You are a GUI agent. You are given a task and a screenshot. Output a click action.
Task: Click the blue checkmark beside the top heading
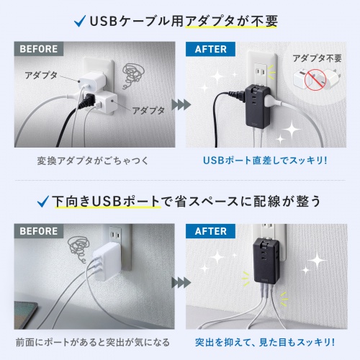pos(79,21)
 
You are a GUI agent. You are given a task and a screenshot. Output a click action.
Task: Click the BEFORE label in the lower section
pos(39,233)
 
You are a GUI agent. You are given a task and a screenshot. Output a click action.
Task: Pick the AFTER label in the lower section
pos(210,233)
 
